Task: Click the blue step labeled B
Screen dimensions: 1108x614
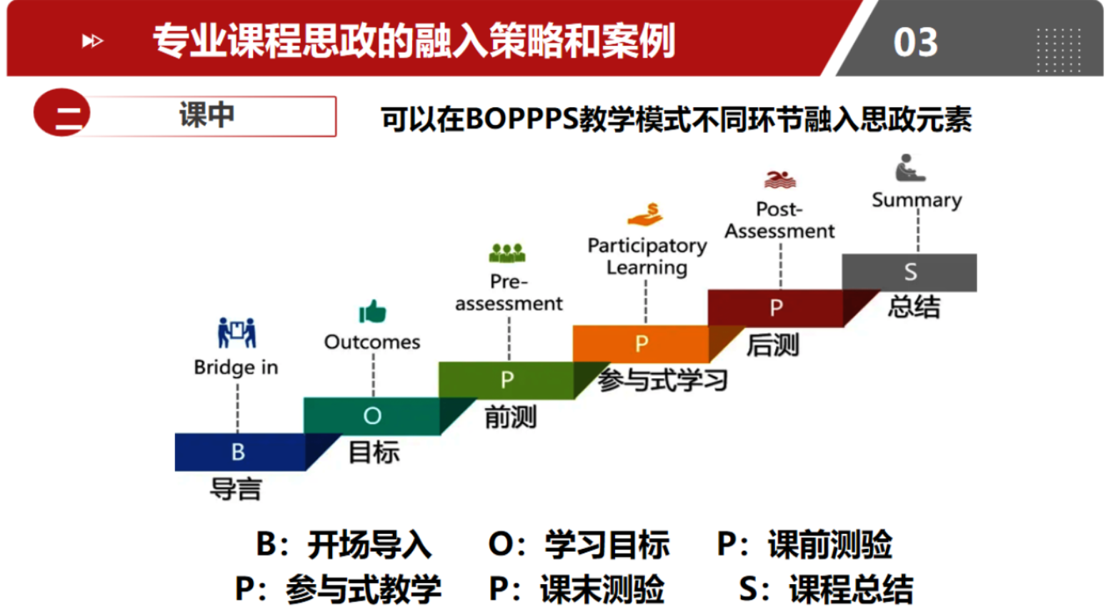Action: pos(241,452)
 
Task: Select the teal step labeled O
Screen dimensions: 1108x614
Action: pos(372,416)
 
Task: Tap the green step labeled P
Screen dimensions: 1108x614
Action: pos(506,380)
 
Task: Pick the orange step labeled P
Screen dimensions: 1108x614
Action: pos(641,344)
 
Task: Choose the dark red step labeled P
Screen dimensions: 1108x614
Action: pos(776,308)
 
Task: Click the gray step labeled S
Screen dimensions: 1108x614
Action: pos(909,272)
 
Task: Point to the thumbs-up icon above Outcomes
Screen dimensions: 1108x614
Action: pos(372,311)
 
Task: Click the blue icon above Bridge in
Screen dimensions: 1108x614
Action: pos(237,332)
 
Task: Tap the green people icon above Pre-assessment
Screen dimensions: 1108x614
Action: pos(507,253)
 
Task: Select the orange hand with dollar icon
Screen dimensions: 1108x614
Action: pos(646,214)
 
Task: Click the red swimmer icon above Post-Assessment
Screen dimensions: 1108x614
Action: pos(780,179)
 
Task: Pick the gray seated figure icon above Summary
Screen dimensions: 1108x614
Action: pos(910,168)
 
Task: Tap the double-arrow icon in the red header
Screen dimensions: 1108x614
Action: pos(92,41)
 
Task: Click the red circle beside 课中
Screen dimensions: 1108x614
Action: pos(62,112)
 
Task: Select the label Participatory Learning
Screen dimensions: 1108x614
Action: pos(647,257)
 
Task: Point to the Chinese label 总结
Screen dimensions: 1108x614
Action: pos(914,306)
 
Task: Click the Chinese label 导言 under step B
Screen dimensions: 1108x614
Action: pos(236,490)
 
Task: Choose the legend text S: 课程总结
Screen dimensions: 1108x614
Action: pos(826,590)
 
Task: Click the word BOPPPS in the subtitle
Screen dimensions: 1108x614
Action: pos(521,119)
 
